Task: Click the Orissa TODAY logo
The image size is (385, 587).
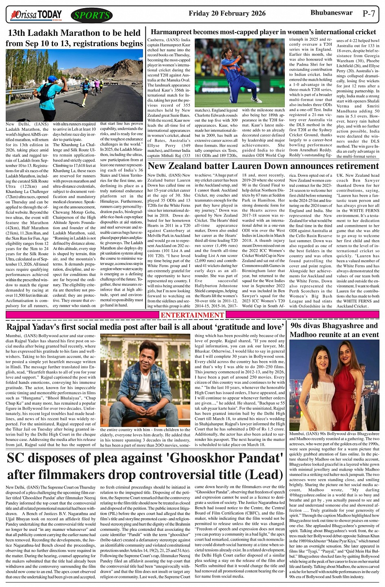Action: (x=37, y=15)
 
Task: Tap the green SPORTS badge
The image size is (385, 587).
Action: (x=92, y=15)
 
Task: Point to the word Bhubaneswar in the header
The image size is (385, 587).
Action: (x=331, y=13)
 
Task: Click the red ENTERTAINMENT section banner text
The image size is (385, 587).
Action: (x=192, y=315)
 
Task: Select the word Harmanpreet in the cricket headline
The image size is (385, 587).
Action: (x=174, y=32)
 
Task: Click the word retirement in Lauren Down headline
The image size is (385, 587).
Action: (x=351, y=166)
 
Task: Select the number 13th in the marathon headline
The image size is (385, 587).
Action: (x=19, y=33)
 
